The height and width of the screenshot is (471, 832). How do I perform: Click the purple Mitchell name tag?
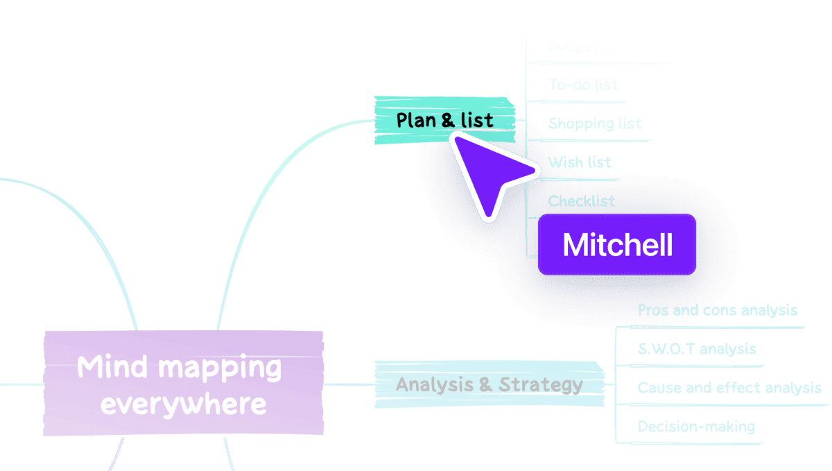617,245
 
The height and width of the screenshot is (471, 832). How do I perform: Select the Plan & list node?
444,120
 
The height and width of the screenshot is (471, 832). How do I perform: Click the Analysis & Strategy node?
489,384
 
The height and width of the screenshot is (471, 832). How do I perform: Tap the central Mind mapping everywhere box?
183,384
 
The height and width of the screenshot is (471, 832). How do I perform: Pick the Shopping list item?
595,123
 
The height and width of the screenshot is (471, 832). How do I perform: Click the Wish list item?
580,162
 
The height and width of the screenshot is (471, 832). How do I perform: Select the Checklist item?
581,201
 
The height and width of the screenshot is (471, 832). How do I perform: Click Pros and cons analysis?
717,310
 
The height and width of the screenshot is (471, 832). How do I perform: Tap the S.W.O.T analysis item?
696,349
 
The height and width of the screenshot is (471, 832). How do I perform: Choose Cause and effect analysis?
729,388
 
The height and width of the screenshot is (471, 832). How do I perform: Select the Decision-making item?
695,427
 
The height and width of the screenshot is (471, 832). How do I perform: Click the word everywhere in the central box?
183,404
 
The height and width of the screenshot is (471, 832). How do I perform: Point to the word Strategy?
541,384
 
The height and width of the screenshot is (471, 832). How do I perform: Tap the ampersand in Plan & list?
448,120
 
